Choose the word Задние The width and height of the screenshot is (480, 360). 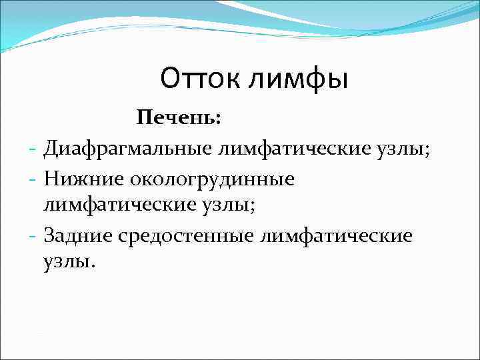77,235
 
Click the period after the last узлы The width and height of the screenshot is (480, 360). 93,266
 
